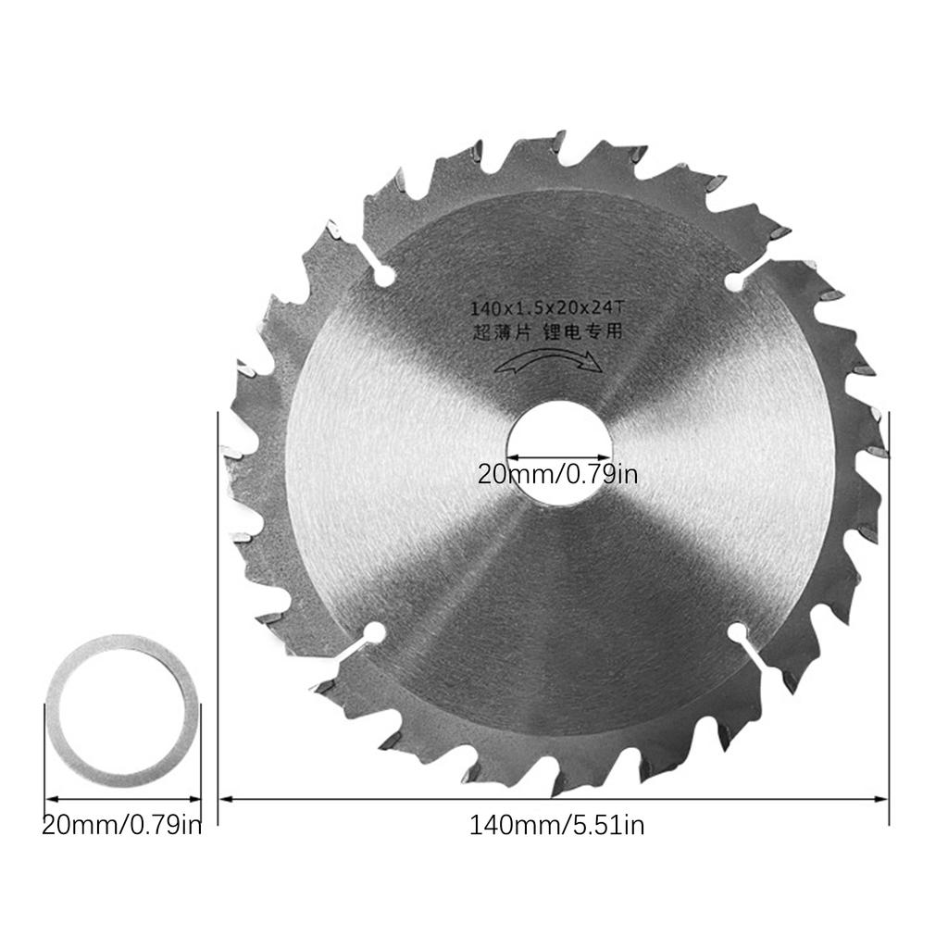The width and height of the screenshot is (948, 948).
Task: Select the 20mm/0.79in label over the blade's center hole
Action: (x=557, y=475)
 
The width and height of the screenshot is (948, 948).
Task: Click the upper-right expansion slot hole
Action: (x=736, y=279)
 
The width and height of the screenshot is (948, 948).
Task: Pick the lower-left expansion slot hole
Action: (x=374, y=633)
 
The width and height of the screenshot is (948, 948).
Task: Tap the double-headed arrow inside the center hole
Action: (x=558, y=456)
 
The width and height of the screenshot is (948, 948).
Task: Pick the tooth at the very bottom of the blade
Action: (x=555, y=787)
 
